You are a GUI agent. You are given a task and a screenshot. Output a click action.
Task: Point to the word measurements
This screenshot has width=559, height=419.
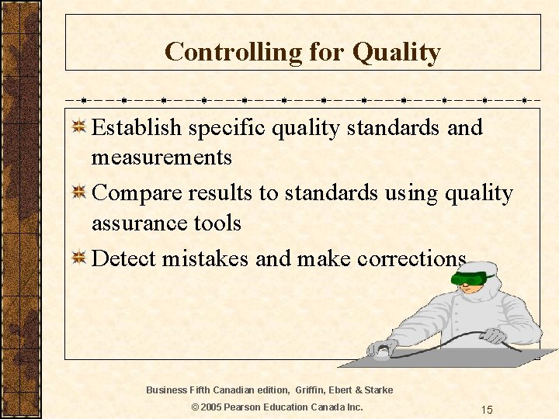(161, 158)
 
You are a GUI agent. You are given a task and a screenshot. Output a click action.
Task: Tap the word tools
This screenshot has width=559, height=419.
(217, 223)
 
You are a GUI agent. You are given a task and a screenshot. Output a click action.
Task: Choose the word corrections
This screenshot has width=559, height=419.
(411, 258)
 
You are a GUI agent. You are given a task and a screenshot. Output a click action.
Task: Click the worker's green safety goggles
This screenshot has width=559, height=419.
(470, 276)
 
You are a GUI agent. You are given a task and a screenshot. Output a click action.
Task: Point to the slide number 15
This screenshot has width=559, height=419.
(487, 409)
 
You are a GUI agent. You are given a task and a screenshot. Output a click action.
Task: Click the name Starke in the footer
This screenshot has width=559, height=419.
(378, 390)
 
